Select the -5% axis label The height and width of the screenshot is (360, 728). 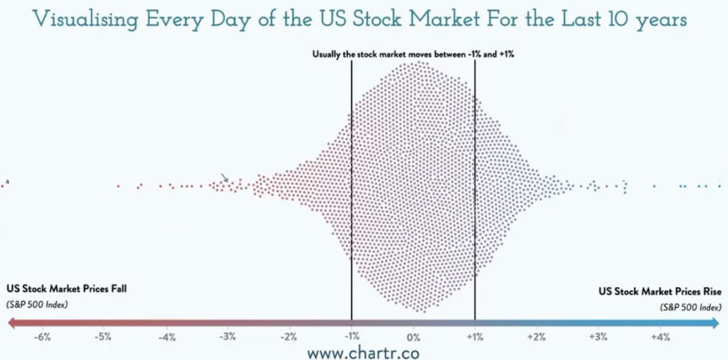pyautogui.click(x=104, y=337)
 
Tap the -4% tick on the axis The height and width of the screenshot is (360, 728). pyautogui.click(x=166, y=337)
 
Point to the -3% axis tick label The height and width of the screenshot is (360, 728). pyautogui.click(x=228, y=337)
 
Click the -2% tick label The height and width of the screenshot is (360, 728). pyautogui.click(x=289, y=337)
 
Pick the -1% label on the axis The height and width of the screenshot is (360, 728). pyautogui.click(x=352, y=337)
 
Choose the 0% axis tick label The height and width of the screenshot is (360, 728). pyautogui.click(x=413, y=337)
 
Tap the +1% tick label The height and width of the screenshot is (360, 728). pyautogui.click(x=475, y=337)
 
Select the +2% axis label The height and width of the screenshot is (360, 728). pyautogui.click(x=537, y=337)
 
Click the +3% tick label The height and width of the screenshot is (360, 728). pyautogui.click(x=598, y=337)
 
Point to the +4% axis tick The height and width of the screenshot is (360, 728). pyautogui.click(x=660, y=337)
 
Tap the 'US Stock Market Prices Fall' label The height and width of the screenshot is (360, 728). pyautogui.click(x=66, y=289)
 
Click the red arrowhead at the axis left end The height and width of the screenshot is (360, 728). pyautogui.click(x=11, y=322)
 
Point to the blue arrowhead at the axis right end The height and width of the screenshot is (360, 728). pyautogui.click(x=716, y=322)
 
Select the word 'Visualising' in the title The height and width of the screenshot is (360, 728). pyautogui.click(x=85, y=20)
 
